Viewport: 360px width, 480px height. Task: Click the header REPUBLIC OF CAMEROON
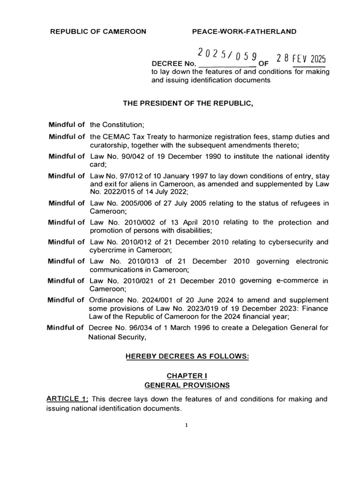(98, 31)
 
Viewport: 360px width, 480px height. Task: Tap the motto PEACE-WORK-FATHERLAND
(244, 31)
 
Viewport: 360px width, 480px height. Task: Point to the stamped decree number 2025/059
(227, 55)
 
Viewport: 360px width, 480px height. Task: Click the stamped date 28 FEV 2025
(300, 58)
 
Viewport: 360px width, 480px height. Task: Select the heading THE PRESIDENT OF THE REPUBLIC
(188, 104)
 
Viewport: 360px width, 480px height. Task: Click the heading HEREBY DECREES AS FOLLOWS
(187, 357)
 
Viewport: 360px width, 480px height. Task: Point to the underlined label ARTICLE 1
(67, 399)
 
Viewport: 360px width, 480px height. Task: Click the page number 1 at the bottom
(186, 426)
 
